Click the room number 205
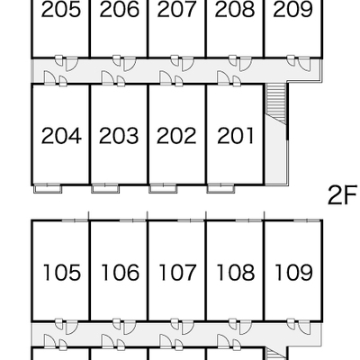tap(61, 9)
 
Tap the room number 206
tap(119, 9)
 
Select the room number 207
tap(176, 9)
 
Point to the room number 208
tap(235, 9)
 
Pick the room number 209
tap(292, 9)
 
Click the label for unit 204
tap(61, 136)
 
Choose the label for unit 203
tap(119, 136)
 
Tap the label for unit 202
tap(176, 136)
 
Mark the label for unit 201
tap(235, 136)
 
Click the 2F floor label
tap(343, 195)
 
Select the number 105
tap(62, 273)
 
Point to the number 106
tap(120, 273)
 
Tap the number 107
tap(177, 273)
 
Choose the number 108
tap(236, 273)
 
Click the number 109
tap(293, 273)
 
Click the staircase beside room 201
tap(276, 103)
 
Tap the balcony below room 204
tap(48, 189)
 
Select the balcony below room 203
tap(105, 189)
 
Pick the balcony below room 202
tap(163, 189)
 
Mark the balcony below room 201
tap(220, 189)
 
